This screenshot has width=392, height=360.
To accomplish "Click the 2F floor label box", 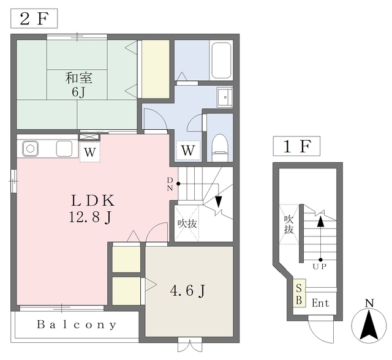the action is (x=34, y=18).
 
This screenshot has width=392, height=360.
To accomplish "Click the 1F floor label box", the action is (x=296, y=146).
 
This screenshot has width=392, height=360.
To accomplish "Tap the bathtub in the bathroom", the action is (x=221, y=60).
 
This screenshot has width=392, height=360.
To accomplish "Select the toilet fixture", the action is (x=220, y=148).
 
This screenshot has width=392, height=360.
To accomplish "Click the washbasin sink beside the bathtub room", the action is (x=225, y=97).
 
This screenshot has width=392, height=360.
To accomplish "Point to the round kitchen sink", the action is (x=30, y=149).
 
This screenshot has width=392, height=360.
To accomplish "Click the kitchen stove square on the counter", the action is (x=64, y=149).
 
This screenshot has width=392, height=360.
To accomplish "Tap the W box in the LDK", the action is (x=90, y=152).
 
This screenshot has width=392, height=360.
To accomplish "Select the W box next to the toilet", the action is (x=188, y=151).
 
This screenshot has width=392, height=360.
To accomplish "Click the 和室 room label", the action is (x=79, y=78).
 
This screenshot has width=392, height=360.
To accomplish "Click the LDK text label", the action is (x=93, y=200).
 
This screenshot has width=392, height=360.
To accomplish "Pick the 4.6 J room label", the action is (x=188, y=291).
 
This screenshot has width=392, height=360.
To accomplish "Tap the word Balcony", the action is (x=77, y=324).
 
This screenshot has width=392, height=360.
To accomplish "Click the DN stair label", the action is (x=170, y=184).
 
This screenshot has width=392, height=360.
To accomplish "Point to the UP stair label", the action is (x=320, y=266).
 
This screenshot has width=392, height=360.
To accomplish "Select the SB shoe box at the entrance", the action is (x=300, y=293).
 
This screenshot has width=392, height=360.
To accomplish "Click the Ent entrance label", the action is (x=320, y=303).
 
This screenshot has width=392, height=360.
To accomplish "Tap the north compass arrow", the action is (x=369, y=326).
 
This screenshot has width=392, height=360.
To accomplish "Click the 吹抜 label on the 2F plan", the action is (x=187, y=223).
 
